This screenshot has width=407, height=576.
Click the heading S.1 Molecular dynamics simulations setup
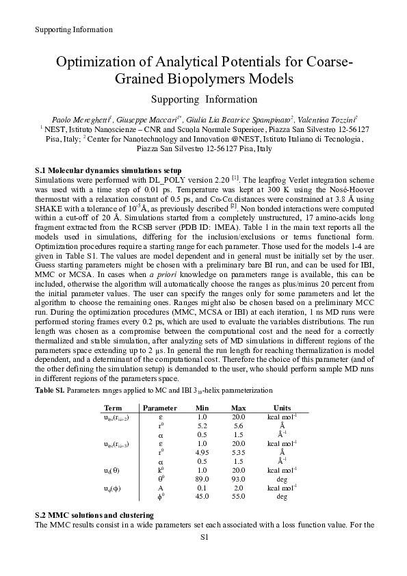point(107,168)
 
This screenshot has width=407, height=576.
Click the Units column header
point(281,408)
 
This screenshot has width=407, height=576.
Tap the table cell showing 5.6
point(238,426)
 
